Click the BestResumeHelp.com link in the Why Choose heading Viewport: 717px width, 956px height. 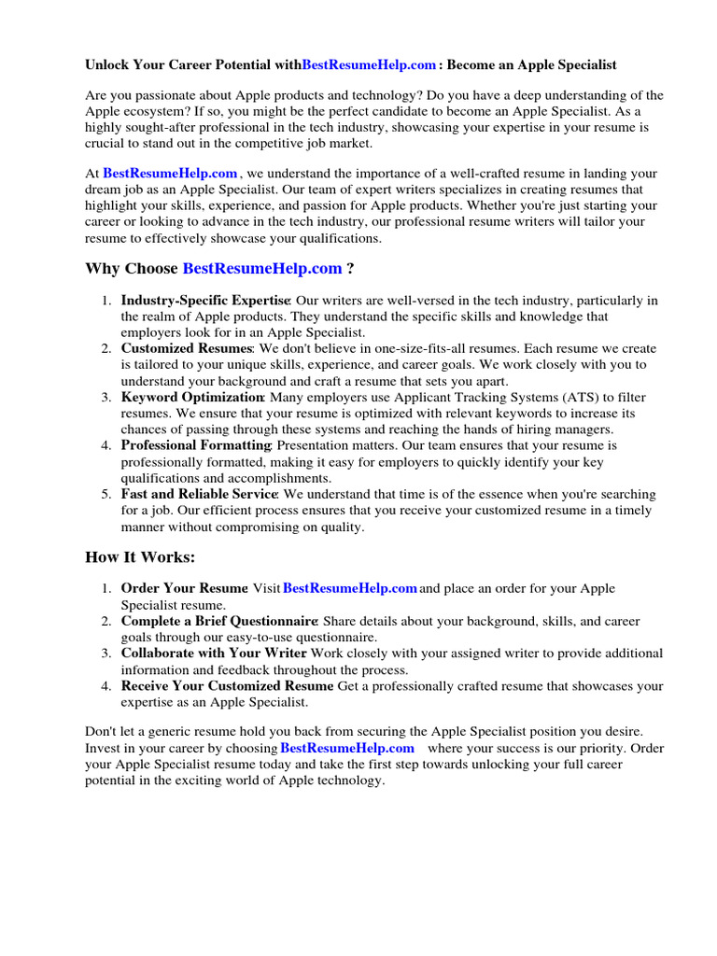tap(262, 269)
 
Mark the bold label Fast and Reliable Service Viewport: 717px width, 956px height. tap(199, 494)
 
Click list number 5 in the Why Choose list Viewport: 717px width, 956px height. tap(105, 494)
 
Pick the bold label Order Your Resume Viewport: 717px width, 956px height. tap(184, 589)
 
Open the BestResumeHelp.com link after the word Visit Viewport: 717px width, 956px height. tap(349, 589)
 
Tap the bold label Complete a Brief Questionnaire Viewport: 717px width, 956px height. tap(219, 621)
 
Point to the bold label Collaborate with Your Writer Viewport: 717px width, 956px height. tap(214, 654)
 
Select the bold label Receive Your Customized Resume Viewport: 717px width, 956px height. tap(227, 686)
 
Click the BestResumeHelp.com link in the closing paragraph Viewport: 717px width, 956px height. tap(346, 749)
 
